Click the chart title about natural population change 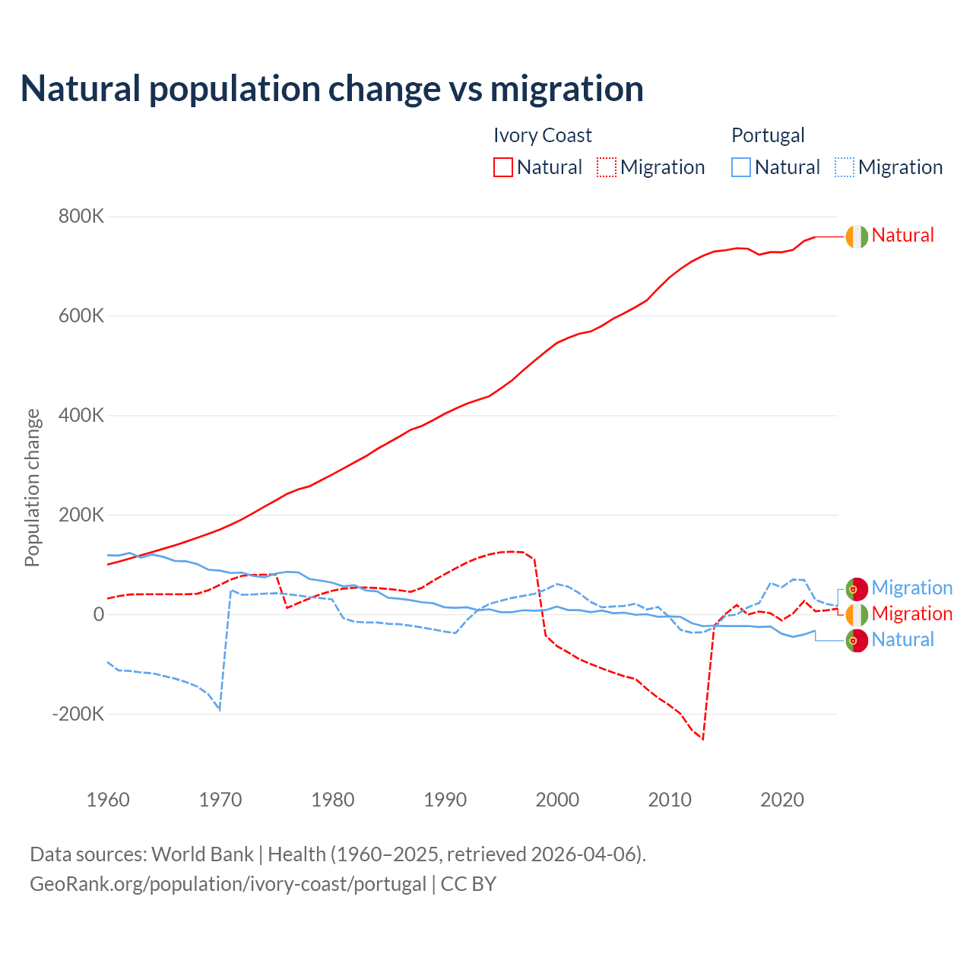click(332, 89)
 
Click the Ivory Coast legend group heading click(542, 135)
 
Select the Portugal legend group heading click(768, 135)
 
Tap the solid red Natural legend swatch click(503, 167)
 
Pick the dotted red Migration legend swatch click(607, 167)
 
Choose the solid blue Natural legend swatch click(741, 167)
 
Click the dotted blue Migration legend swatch click(845, 167)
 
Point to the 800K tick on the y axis click(81, 217)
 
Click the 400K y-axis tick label click(81, 416)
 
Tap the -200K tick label click(78, 715)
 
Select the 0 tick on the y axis click(98, 615)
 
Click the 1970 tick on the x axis click(220, 800)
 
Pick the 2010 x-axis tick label click(670, 800)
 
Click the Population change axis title click(32, 487)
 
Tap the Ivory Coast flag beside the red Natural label click(857, 236)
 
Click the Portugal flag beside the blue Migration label click(857, 588)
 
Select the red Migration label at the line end click(911, 613)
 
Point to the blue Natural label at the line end click(902, 639)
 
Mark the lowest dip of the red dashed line click(703, 739)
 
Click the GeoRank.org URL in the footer click(228, 884)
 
